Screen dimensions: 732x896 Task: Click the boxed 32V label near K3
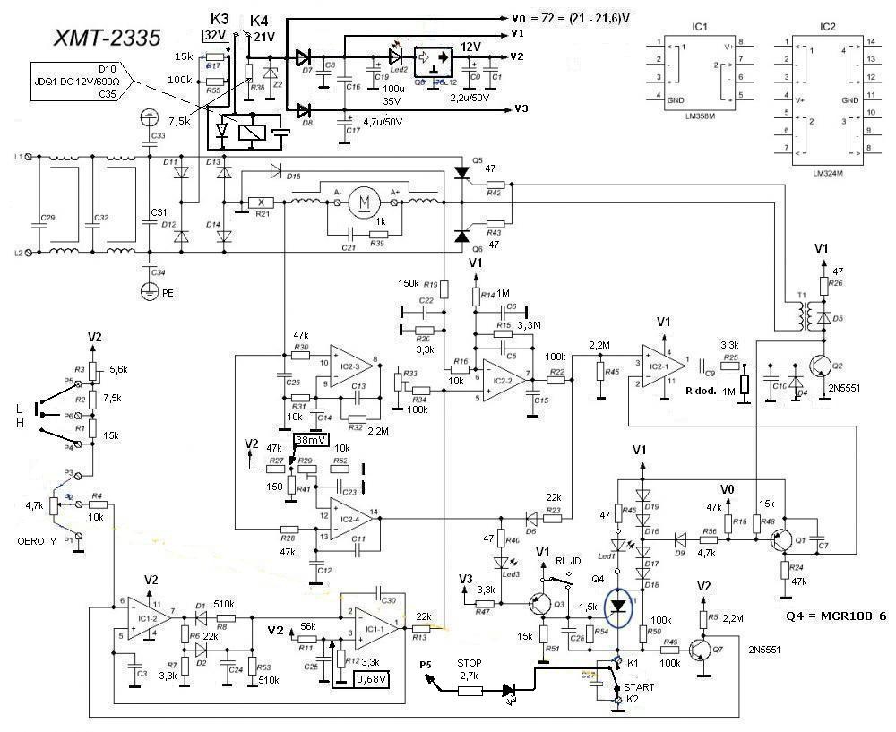pyautogui.click(x=215, y=36)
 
